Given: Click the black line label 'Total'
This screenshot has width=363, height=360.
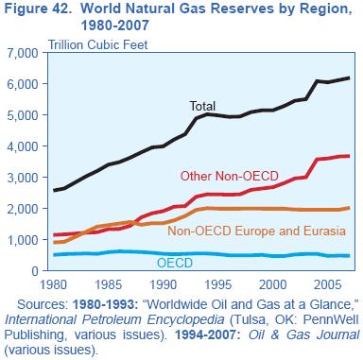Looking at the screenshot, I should [x=203, y=107].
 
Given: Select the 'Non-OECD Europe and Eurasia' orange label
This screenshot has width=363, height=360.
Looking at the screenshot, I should [x=255, y=231].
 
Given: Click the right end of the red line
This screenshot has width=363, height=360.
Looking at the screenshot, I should [x=349, y=156].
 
